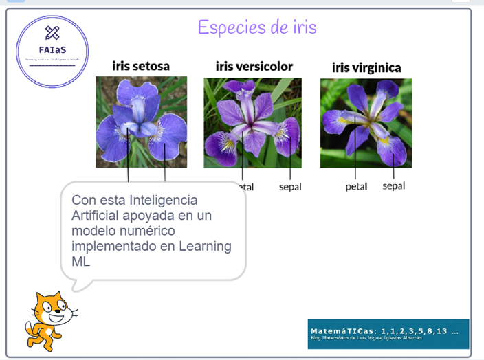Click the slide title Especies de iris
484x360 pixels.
[x=256, y=27]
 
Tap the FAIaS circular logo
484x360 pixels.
[x=52, y=52]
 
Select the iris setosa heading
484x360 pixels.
[x=141, y=66]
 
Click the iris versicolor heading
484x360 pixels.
[x=254, y=66]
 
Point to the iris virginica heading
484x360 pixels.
[x=366, y=67]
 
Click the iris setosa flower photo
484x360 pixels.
[x=141, y=122]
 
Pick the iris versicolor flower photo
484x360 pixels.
[x=252, y=122]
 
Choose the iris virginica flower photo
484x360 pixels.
[x=366, y=122]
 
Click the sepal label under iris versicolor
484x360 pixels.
[x=289, y=187]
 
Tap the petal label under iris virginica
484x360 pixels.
[x=356, y=186]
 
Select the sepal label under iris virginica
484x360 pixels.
[x=393, y=185]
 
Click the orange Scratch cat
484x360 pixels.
[x=49, y=320]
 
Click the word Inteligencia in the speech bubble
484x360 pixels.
[x=162, y=201]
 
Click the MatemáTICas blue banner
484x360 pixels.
[x=388, y=333]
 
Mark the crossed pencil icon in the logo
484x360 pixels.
[x=52, y=32]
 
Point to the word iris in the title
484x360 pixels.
[x=304, y=27]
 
